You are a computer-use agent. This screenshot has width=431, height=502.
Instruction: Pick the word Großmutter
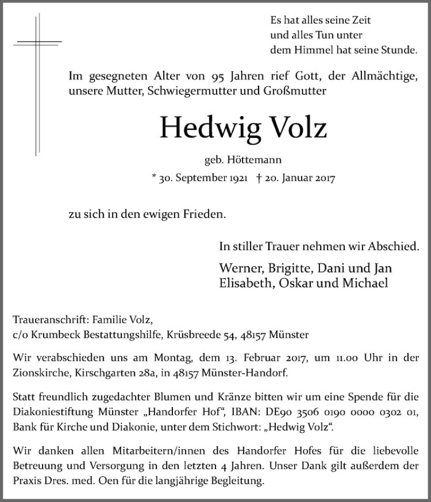[294, 92]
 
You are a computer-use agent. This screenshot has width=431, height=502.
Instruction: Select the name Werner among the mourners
[239, 269]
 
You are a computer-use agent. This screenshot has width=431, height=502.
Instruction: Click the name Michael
[366, 283]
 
